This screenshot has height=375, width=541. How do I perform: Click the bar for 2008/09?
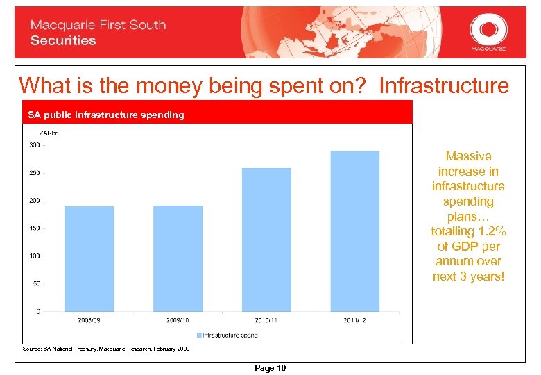[x=89, y=258]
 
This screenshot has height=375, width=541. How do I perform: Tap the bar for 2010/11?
[x=266, y=239]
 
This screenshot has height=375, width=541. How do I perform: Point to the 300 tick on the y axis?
[x=33, y=145]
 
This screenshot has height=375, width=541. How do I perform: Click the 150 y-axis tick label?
[x=33, y=228]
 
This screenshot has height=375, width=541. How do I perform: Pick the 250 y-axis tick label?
[x=33, y=173]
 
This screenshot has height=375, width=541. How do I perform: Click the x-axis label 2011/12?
[x=355, y=321]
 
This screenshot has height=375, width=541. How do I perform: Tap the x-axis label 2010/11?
[x=266, y=321]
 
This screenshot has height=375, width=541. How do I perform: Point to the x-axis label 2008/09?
[x=89, y=321]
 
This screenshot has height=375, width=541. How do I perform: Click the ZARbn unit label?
[x=49, y=133]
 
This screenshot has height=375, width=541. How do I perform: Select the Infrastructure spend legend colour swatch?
[x=198, y=335]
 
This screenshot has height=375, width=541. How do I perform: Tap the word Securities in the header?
[x=63, y=40]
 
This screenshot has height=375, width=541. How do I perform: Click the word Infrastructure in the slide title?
[x=444, y=85]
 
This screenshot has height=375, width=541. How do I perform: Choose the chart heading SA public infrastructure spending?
[x=105, y=115]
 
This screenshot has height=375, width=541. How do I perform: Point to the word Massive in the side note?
[x=468, y=156]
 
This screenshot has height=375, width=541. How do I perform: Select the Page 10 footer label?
[x=270, y=368]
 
